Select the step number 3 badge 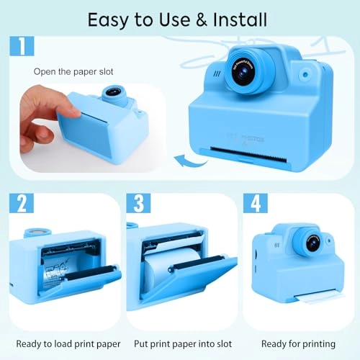139,204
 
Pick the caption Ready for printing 297,343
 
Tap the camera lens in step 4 313,243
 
